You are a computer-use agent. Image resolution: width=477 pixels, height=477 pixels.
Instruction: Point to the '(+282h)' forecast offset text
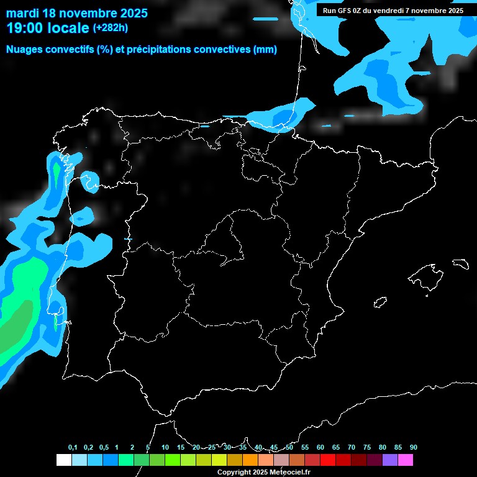coord(111,28)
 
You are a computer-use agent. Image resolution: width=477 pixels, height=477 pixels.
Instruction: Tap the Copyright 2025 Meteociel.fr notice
coord(263,472)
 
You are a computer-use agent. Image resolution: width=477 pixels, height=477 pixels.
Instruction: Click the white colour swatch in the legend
coord(63,460)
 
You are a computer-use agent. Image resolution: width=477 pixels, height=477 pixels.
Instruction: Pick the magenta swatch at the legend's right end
coord(406,460)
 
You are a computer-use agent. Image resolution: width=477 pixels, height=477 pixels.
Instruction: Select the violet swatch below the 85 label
coord(390,460)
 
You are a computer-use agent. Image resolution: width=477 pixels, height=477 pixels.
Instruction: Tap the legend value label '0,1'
coord(73,448)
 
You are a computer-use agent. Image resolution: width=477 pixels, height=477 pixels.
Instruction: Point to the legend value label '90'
coord(414,448)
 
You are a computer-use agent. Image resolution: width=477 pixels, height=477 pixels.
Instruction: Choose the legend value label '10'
coord(165,448)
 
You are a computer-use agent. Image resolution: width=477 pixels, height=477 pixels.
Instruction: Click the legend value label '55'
coord(305,448)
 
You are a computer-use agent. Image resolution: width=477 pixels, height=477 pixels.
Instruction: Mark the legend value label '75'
coord(367,448)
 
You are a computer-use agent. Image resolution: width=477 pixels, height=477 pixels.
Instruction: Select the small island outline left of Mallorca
coord(381,302)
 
